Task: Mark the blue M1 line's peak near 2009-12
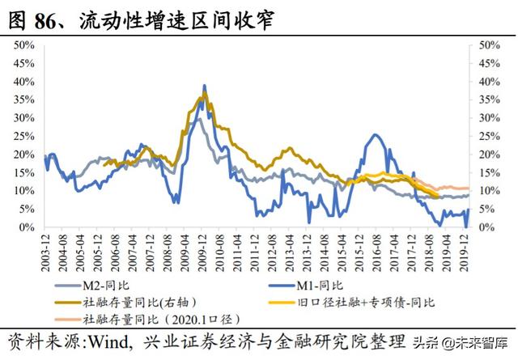(204, 85)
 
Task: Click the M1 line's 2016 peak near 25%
(376, 134)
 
